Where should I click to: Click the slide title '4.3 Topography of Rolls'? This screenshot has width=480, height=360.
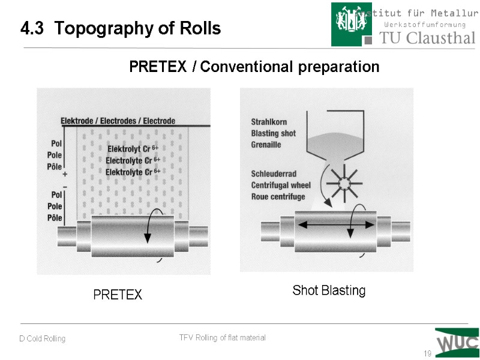tap(121, 28)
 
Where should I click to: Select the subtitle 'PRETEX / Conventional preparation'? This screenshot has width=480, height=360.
tap(254, 67)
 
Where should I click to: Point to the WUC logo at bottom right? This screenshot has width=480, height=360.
tap(457, 343)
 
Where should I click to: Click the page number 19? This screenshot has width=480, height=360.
tap(427, 353)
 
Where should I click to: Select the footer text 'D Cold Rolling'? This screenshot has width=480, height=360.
tap(42, 339)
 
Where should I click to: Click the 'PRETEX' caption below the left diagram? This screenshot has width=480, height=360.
tap(118, 295)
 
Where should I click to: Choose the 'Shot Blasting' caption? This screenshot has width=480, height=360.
tap(329, 291)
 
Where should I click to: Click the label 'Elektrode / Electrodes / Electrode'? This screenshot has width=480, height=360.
tap(118, 121)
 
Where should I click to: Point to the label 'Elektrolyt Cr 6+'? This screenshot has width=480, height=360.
tap(133, 149)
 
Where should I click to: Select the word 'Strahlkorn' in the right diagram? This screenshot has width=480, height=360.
tap(269, 122)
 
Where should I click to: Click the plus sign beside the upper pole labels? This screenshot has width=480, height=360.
tap(64, 174)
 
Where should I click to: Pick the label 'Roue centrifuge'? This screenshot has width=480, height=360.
tap(278, 196)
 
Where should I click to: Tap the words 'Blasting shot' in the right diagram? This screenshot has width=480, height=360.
tap(274, 133)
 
